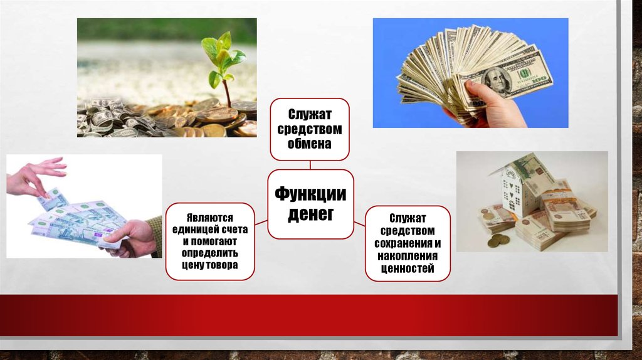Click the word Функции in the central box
click(310, 193)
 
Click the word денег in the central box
click(311, 214)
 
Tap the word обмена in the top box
click(310, 144)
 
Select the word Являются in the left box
click(210, 218)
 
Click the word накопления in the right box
click(408, 256)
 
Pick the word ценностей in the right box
click(408, 268)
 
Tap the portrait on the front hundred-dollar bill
click(497, 80)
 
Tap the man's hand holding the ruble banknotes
click(130, 238)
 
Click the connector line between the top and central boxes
click(310, 165)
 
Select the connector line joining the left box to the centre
click(261, 223)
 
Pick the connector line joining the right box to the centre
click(359, 224)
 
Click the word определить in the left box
click(209, 253)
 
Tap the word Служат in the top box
click(310, 114)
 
